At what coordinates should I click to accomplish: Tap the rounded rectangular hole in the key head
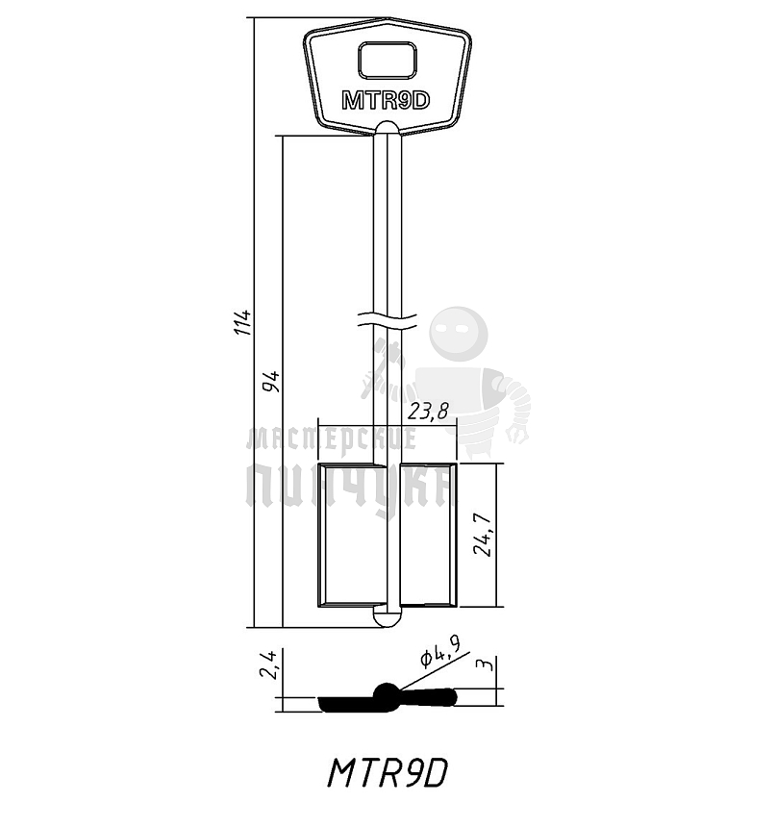pyautogui.click(x=387, y=61)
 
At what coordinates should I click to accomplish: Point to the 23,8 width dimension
pyautogui.click(x=428, y=412)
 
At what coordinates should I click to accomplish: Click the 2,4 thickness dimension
pyautogui.click(x=269, y=664)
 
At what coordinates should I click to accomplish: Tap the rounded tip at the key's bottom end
pyautogui.click(x=387, y=617)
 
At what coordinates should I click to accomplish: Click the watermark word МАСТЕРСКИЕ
pyautogui.click(x=332, y=440)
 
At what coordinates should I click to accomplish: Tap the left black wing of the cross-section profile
pyautogui.click(x=346, y=705)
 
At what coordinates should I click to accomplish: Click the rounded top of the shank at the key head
pyautogui.click(x=387, y=128)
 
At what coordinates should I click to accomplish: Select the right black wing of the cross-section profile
pyautogui.click(x=429, y=697)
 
